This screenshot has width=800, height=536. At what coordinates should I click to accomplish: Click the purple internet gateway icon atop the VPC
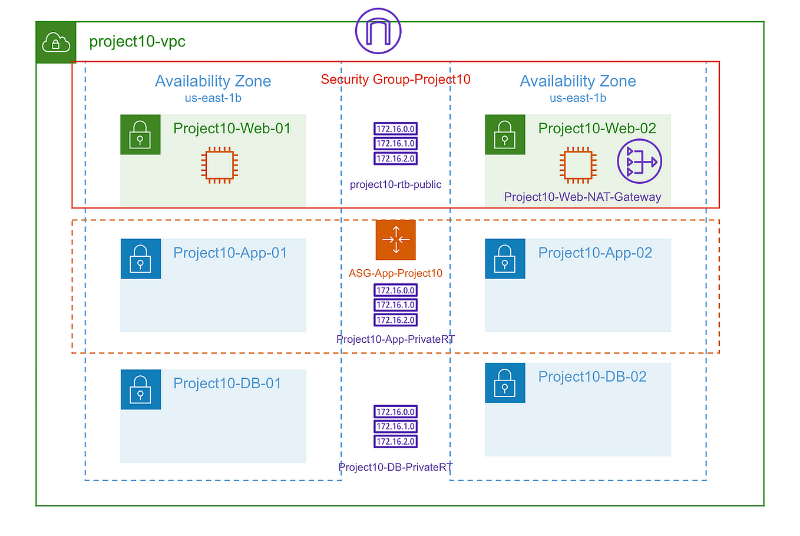(x=378, y=31)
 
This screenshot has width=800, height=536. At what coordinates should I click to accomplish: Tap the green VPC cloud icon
(x=56, y=42)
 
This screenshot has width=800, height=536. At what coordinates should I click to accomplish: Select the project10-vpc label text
(x=137, y=42)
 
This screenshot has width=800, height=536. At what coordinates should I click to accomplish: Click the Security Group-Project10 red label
(x=395, y=80)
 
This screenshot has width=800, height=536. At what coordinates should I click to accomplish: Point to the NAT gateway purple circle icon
(x=639, y=161)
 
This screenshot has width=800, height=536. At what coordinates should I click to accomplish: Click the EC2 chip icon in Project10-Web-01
(x=219, y=164)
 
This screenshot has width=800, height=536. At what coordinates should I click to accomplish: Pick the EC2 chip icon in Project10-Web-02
(x=577, y=164)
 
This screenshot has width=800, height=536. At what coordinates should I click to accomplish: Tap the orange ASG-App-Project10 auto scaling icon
(x=396, y=240)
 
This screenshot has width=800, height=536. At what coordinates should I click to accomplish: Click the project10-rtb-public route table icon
(x=395, y=144)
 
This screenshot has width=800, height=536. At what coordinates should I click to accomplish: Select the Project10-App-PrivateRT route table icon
(x=395, y=305)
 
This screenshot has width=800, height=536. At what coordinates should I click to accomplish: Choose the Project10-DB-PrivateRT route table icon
(x=395, y=426)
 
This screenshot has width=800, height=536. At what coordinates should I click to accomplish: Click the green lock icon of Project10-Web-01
(x=140, y=135)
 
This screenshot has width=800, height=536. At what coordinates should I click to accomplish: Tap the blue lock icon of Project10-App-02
(x=505, y=259)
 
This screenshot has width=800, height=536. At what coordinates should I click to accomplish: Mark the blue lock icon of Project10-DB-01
(x=140, y=389)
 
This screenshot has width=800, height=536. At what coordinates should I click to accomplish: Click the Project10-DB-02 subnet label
(x=592, y=377)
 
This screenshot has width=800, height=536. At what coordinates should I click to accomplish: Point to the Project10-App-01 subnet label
(x=230, y=253)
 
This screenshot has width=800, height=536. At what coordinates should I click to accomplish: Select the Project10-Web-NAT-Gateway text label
(x=582, y=197)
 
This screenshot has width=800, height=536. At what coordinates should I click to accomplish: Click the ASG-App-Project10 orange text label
(x=395, y=273)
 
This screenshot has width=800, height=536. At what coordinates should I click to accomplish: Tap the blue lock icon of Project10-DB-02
(x=505, y=383)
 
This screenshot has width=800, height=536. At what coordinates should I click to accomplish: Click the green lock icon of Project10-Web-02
(x=505, y=135)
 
